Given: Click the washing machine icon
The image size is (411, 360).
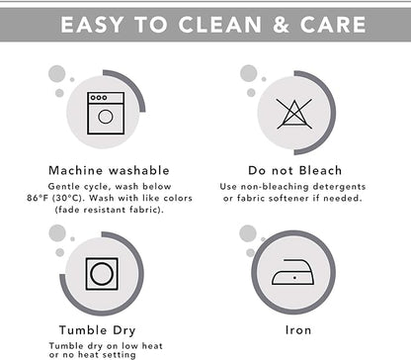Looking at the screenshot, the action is [106, 113].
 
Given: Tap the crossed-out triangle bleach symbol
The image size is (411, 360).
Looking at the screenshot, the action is [294, 114].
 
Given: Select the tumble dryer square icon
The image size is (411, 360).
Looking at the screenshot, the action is [102, 274].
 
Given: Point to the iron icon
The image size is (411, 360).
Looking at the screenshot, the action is [292, 272].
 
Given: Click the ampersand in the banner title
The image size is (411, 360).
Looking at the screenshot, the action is [281, 25].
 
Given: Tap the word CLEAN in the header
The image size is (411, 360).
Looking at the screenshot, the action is [220, 25].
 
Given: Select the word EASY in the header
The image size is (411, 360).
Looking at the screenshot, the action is [92, 25].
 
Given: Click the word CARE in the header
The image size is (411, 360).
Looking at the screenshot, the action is [333, 25].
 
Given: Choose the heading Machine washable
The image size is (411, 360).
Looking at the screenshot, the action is [109, 170].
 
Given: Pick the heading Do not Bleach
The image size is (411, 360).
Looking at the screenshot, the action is [295, 170].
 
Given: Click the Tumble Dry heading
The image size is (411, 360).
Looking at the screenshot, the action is [98, 330].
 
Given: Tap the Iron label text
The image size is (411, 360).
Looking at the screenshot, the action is [298, 330].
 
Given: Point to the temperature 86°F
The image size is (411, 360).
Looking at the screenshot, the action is [38, 198].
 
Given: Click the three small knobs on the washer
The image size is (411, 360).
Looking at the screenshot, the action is [99, 98].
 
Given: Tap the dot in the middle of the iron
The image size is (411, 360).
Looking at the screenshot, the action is [294, 278].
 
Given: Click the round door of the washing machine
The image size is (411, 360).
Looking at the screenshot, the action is [106, 117].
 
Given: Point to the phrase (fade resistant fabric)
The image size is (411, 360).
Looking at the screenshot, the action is [109, 210].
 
